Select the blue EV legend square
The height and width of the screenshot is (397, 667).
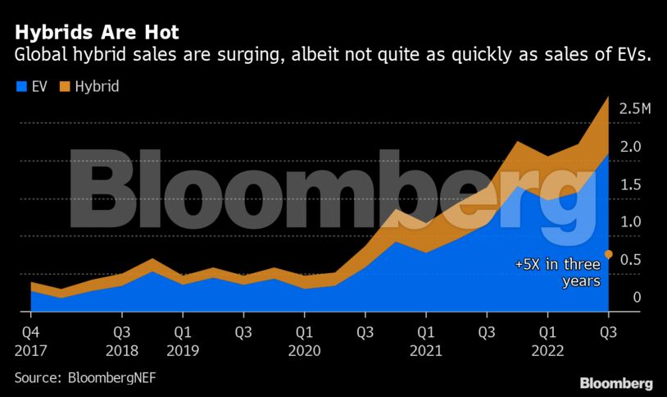[x=20, y=85]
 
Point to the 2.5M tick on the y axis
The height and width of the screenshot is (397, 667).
[x=636, y=109]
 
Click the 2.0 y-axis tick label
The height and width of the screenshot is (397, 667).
[x=630, y=147]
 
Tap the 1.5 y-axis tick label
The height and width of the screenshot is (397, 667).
[x=630, y=185]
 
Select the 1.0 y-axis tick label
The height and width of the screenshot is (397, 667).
[x=630, y=222]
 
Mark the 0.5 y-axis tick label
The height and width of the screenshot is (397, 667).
[x=630, y=260]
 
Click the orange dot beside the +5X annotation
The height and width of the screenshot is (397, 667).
[x=608, y=254]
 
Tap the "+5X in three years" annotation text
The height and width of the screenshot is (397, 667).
[x=558, y=273]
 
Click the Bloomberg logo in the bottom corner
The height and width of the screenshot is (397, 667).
[x=615, y=383]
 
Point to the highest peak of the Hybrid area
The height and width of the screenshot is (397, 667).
[x=608, y=97]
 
